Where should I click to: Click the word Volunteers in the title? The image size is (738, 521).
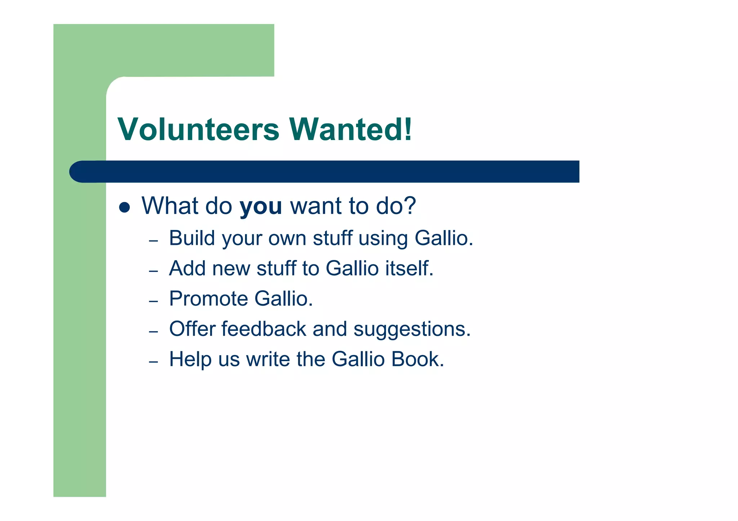tap(198, 130)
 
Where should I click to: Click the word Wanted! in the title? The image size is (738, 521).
tap(350, 130)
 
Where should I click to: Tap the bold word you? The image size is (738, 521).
tap(261, 207)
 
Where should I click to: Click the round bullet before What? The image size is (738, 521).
tap(124, 207)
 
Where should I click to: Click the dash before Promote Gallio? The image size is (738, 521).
tap(154, 301)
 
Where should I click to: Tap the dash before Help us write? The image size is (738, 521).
tap(154, 361)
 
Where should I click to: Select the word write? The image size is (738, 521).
tap(268, 359)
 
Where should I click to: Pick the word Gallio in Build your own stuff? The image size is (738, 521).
tap(444, 238)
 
